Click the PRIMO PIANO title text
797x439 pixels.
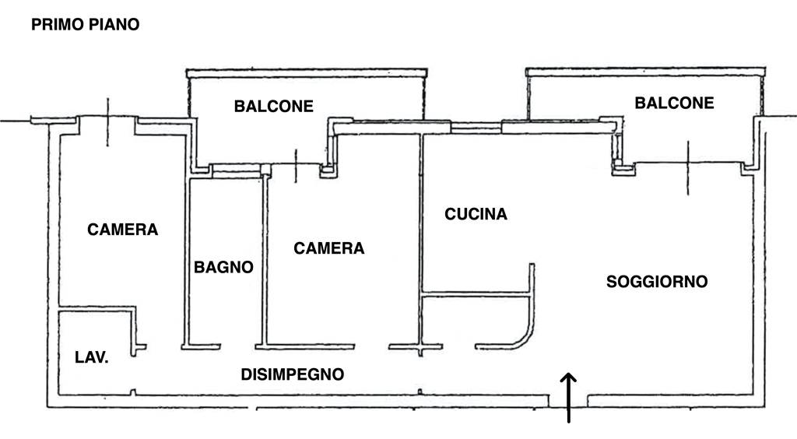[85, 25]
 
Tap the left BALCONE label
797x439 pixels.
[273, 106]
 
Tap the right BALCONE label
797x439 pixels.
[674, 103]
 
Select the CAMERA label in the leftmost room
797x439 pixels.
[122, 230]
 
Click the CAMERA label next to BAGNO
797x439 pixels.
[328, 248]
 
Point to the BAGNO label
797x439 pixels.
[223, 267]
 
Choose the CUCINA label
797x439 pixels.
[476, 213]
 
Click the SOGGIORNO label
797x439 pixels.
[657, 281]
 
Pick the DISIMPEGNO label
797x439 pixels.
[292, 374]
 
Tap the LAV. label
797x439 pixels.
[91, 358]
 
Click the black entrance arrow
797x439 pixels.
[569, 397]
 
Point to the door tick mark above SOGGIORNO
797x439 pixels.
[687, 167]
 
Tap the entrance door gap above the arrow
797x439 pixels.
[569, 401]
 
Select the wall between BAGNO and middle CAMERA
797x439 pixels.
[264, 261]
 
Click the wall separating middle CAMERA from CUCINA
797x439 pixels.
[421, 234]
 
